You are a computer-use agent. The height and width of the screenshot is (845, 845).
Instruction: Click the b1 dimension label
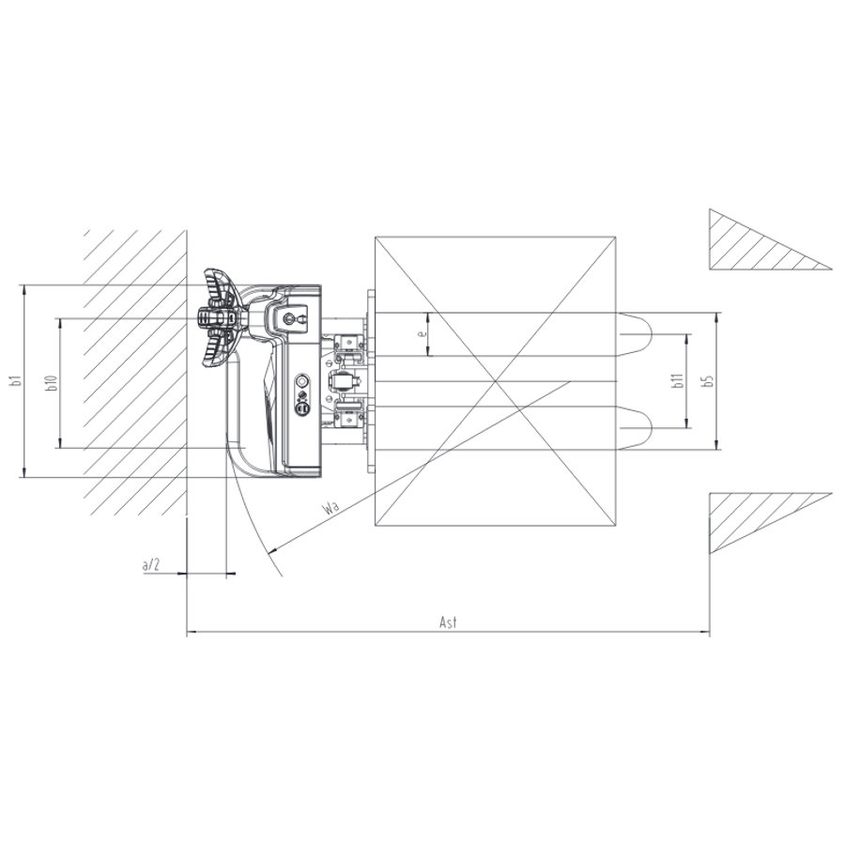pos(17,380)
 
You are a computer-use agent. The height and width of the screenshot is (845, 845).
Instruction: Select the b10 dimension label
pos(52,382)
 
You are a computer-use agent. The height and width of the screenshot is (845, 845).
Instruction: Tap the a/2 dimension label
pos(151,565)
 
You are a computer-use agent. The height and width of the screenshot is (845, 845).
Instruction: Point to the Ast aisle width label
pos(448,622)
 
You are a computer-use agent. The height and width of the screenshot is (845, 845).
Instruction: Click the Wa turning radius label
pos(330,507)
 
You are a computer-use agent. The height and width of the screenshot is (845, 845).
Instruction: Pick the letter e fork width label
pos(423,333)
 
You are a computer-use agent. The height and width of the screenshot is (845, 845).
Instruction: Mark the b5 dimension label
pos(708,380)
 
